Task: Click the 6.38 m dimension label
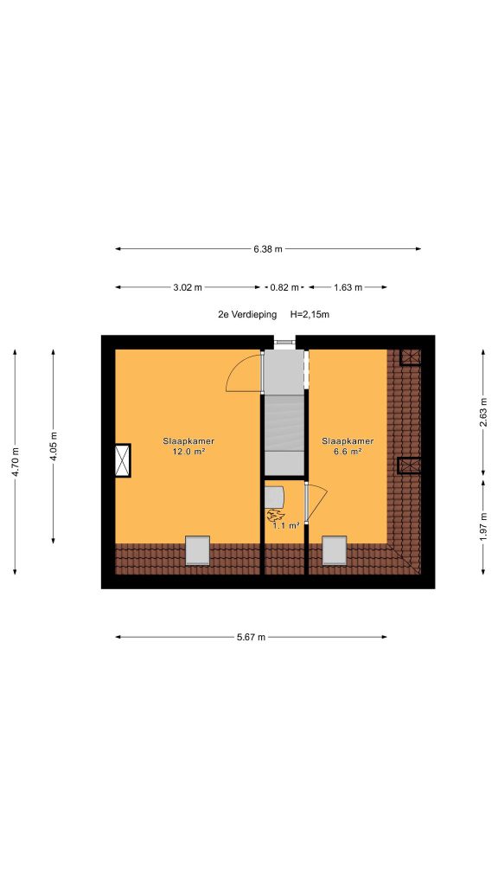coord(268,248)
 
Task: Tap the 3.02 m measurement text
coord(188,287)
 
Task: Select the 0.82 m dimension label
coord(284,287)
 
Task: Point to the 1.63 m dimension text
coord(348,287)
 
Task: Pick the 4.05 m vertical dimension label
coord(54,446)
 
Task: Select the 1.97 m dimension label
coord(483,526)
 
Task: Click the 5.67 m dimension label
coord(251,637)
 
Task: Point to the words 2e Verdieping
coord(247,315)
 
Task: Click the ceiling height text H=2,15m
coord(310,315)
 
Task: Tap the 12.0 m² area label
coord(188,451)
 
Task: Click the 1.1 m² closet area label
coord(285,525)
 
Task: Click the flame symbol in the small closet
coord(276,515)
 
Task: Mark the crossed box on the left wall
coord(123,460)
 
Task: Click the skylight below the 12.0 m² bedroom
coord(198,550)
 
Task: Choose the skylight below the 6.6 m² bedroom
coord(335,550)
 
